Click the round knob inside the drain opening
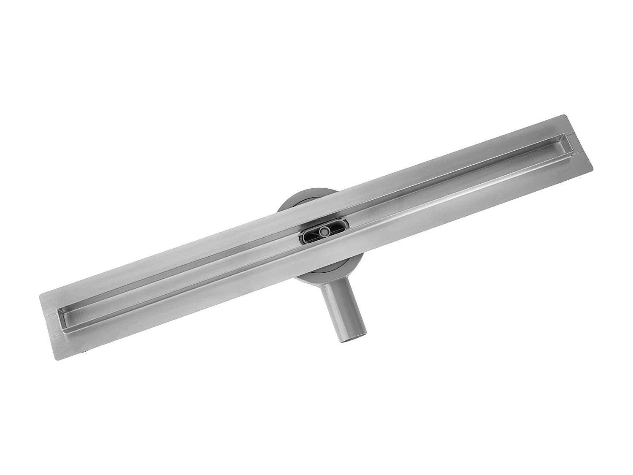(324, 231)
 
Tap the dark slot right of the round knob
(338, 226)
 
